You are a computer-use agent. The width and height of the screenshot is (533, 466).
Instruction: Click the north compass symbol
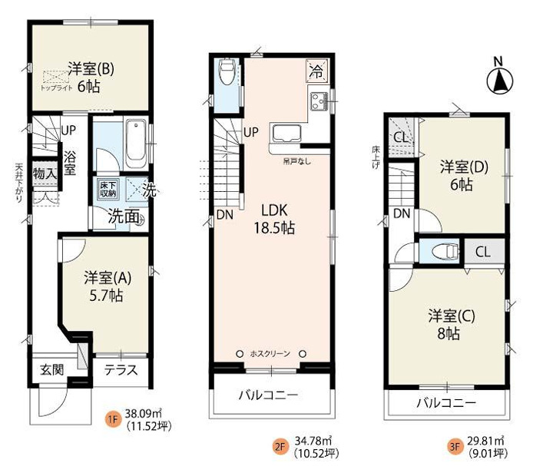click(x=498, y=78)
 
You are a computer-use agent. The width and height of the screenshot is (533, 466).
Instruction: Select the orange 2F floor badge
click(x=279, y=444)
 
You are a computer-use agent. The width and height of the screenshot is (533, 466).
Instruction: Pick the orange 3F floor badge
click(x=455, y=444)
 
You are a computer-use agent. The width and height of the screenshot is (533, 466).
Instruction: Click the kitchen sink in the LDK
click(x=284, y=132)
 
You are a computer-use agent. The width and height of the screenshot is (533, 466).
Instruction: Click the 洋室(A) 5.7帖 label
click(x=104, y=286)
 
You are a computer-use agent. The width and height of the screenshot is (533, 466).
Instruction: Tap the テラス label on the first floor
click(x=121, y=370)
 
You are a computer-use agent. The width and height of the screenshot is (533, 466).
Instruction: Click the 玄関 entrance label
click(x=52, y=370)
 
